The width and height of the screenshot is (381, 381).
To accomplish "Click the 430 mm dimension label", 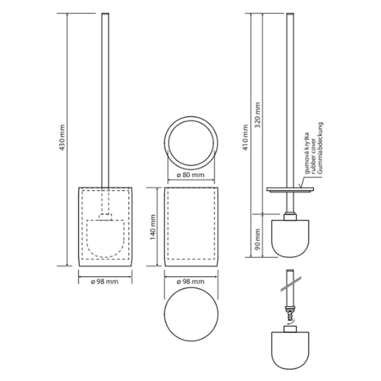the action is click(x=62, y=138).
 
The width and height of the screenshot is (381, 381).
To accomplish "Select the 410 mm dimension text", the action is click(x=245, y=138).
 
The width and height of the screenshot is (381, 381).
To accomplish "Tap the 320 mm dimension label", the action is click(x=258, y=115).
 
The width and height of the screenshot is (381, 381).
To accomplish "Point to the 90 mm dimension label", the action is click(x=258, y=239).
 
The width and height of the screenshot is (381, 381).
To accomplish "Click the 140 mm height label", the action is click(x=153, y=227).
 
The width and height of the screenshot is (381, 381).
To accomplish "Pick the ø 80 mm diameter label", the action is click(x=191, y=175).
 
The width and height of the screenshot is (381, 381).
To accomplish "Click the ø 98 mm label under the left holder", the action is click(x=105, y=282).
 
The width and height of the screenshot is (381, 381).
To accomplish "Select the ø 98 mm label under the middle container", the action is click(x=191, y=282).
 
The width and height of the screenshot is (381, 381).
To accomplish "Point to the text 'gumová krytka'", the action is click(x=307, y=153).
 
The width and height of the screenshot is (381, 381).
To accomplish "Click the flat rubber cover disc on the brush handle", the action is click(x=290, y=189).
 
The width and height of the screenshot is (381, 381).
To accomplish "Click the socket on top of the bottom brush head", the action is click(x=290, y=329).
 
